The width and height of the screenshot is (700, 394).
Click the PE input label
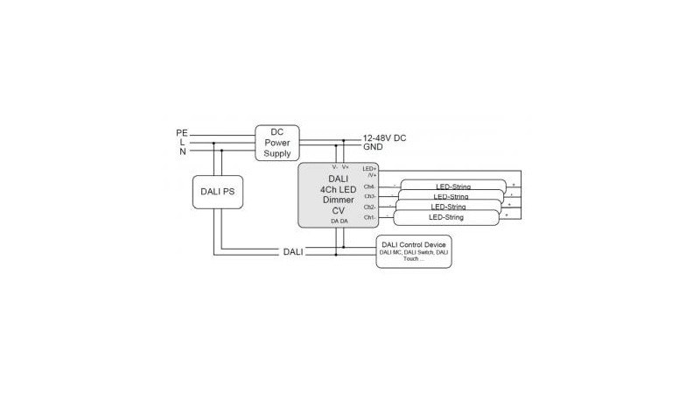pyautogui.click(x=182, y=133)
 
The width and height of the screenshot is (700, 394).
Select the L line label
pyautogui.click(x=182, y=142)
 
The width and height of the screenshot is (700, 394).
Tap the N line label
pyautogui.click(x=182, y=151)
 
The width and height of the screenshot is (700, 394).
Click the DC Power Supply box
pyautogui.click(x=277, y=143)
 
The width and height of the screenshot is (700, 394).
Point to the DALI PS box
pyautogui.click(x=218, y=192)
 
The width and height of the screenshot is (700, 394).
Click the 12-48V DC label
pyautogui.click(x=384, y=138)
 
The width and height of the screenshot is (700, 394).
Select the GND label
pyautogui.click(x=374, y=148)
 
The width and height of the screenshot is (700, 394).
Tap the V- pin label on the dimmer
pyautogui.click(x=334, y=167)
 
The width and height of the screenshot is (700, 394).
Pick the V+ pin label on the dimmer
pyautogui.click(x=346, y=167)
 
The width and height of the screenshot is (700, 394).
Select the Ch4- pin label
pyautogui.click(x=369, y=186)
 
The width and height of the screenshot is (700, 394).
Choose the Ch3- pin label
pyautogui.click(x=369, y=197)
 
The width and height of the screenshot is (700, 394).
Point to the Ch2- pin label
pyautogui.click(x=369, y=208)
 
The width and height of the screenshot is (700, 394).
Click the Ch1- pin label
pyautogui.click(x=369, y=217)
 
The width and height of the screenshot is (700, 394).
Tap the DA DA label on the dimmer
pyautogui.click(x=339, y=222)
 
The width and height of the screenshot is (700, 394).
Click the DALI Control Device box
pyautogui.click(x=414, y=250)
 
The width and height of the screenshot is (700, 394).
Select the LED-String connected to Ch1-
pyautogui.click(x=445, y=217)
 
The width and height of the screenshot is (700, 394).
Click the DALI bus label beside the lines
pyautogui.click(x=292, y=252)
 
